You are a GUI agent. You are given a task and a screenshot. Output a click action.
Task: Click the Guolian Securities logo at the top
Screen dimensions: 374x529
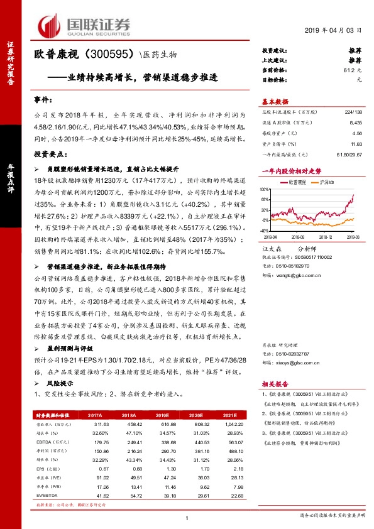click(x=85, y=24)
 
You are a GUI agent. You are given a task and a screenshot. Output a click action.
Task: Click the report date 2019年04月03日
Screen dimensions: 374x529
click(x=338, y=30)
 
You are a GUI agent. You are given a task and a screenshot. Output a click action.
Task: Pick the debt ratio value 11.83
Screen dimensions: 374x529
click(x=356, y=143)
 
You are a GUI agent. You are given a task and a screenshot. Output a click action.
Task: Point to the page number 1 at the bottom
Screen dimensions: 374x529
click(x=187, y=517)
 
